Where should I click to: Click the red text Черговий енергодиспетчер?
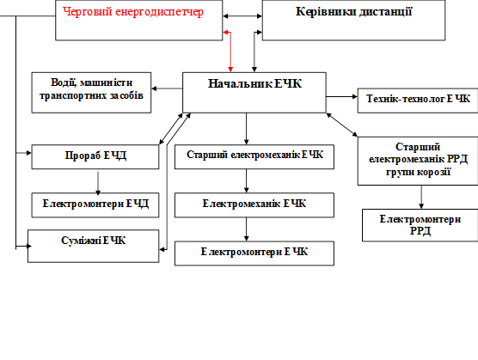pos(133,12)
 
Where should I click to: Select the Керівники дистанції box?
pos(353,20)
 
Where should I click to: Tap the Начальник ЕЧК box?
pos(254,93)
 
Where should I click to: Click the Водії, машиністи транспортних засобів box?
pos(91,93)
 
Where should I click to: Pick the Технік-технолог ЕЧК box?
pos(418,101)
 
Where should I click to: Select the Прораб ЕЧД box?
pos(95,157)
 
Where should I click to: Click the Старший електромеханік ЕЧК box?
pos(254,157)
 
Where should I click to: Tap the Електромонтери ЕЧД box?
pos(95,205)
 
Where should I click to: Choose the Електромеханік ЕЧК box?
pos(254,205)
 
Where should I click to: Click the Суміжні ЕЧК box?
pos(94,246)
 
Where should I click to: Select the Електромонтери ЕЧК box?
pos(254,253)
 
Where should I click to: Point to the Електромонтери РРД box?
pos(420,225)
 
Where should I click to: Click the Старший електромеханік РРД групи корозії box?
pos(418,161)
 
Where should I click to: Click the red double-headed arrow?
pos(230,49)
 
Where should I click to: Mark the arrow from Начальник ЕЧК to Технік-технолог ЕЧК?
pos(341,96)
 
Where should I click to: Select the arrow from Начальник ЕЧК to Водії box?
pos(167,88)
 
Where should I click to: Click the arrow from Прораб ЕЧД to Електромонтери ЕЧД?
pos(98,183)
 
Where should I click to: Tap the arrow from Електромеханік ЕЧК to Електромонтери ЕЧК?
pos(247,229)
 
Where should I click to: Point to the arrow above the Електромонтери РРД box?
pos(421,198)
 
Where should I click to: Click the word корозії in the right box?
pos(433,172)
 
